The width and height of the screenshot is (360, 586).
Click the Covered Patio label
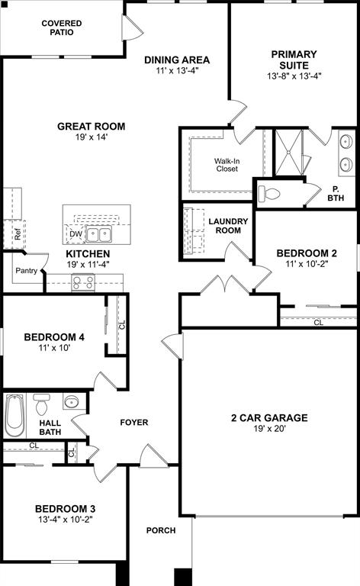tap(62, 28)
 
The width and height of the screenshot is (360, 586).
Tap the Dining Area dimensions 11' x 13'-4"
tap(177, 72)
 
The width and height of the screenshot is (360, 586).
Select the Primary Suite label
tap(294, 60)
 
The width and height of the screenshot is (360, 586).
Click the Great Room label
tap(91, 127)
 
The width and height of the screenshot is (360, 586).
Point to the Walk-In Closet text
tap(227, 164)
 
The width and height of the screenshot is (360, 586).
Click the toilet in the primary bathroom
tap(269, 192)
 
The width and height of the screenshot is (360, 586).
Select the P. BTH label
tap(336, 194)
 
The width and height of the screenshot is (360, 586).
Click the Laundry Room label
tap(228, 226)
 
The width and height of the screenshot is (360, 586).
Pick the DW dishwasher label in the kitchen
tap(76, 234)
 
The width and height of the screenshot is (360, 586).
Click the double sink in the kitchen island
tap(98, 234)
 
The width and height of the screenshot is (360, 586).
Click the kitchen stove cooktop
tap(82, 282)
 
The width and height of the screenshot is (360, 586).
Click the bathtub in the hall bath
tap(14, 416)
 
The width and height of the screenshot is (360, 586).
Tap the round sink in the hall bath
tap(72, 402)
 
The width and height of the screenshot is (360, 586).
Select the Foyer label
tap(134, 422)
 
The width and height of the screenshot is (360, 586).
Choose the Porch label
tap(161, 530)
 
